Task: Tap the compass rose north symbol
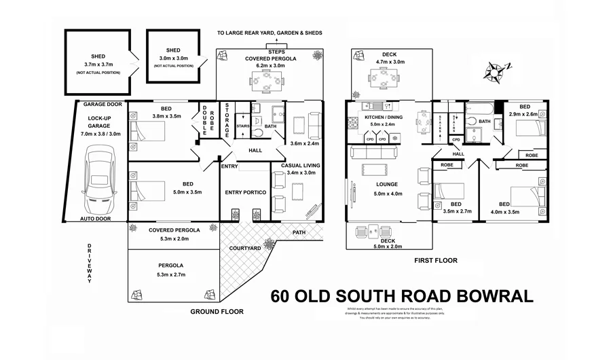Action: pos(500,69)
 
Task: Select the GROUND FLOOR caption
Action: pos(217,312)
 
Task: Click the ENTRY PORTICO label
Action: pos(246,192)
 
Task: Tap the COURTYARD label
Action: pos(246,249)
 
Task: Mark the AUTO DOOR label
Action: pos(96,219)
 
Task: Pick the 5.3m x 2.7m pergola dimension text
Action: pos(174,274)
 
